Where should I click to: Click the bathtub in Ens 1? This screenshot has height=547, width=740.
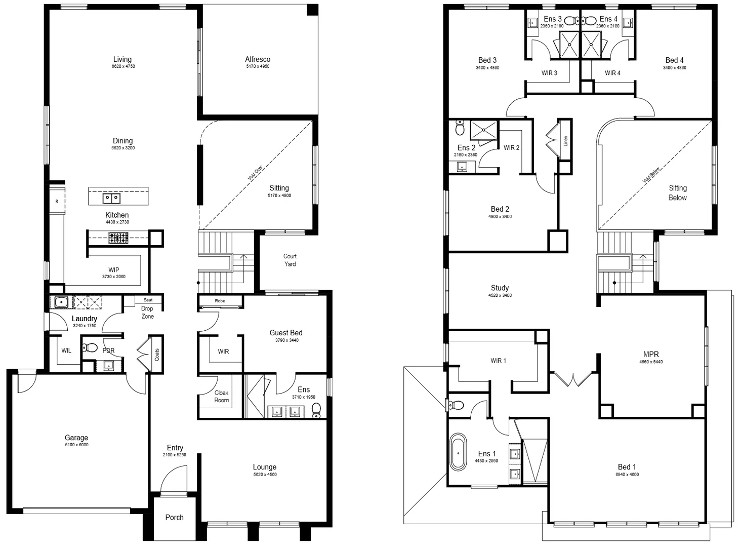coord(459,452)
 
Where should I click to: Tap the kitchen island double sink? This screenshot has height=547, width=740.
coord(111,198)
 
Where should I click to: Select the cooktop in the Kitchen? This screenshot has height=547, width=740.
coord(118,238)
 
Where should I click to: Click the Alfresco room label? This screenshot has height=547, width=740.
coord(258,59)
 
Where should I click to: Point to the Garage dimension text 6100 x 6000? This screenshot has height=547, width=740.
coord(76,445)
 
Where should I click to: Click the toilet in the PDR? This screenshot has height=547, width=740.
coord(91,347)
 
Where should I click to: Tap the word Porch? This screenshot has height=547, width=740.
coord(174,517)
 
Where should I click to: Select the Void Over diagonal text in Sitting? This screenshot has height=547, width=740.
coord(255,173)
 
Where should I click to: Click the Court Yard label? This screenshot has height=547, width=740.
coord(290,260)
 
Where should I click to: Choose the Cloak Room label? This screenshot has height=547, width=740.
coord(221,396)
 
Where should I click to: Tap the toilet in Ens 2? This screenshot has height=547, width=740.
coord(460,128)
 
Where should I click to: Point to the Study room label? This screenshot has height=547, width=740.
coord(500,288)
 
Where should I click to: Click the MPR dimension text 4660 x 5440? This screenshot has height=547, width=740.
coord(650,362)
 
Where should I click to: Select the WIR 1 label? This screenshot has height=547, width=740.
coord(498,361)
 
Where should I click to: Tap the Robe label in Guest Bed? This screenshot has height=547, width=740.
coord(220,301)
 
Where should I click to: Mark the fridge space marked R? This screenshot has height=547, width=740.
coord(57,202)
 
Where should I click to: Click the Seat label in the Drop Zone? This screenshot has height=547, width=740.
coord(148,300)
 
